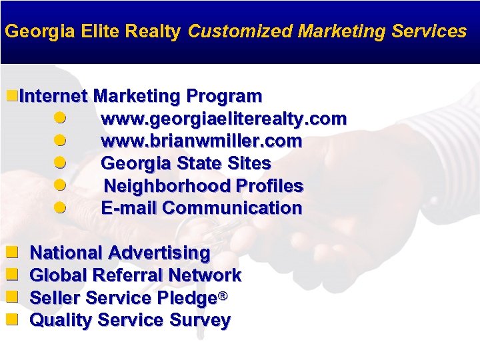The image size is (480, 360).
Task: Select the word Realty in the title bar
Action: tap(158, 31)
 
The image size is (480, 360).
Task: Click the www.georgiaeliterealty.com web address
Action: tap(223, 119)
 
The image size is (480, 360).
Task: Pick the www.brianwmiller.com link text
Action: tap(201, 141)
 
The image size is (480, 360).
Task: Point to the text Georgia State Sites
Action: tap(185, 163)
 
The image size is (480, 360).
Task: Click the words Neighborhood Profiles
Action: tap(203, 186)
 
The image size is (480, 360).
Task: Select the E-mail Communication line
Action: tap(201, 208)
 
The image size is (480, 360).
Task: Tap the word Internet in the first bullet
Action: tap(53, 97)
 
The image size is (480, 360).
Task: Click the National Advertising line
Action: tap(120, 253)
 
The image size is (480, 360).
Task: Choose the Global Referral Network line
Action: tap(136, 275)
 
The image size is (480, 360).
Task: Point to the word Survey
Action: tap(200, 321)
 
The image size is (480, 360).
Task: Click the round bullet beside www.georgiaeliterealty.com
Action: tap(60, 119)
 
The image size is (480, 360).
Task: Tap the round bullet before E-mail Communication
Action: tap(60, 207)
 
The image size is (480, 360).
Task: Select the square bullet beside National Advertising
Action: tap(11, 253)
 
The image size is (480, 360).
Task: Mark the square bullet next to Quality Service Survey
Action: tap(11, 320)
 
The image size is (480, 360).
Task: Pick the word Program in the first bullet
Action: tap(224, 97)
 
